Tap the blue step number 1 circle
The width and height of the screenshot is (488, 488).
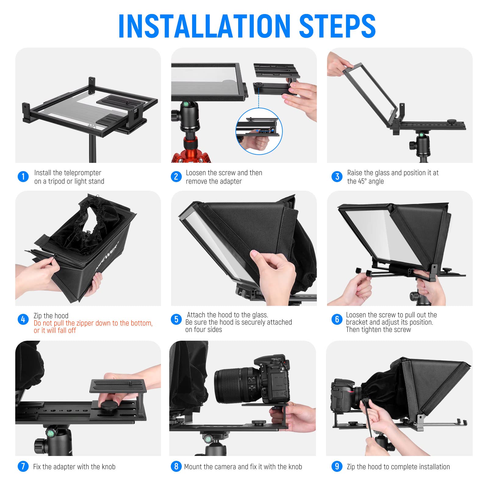[23, 177]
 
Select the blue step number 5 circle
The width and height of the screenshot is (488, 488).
[176, 319]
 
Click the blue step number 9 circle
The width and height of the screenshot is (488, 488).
[337, 466]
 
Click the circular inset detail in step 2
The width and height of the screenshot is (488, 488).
[259, 131]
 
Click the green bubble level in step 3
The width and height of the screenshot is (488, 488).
[422, 135]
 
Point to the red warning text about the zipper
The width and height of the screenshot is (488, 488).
[93, 327]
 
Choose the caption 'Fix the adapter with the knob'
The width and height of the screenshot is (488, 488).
[74, 467]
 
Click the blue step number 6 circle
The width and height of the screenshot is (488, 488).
[337, 319]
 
